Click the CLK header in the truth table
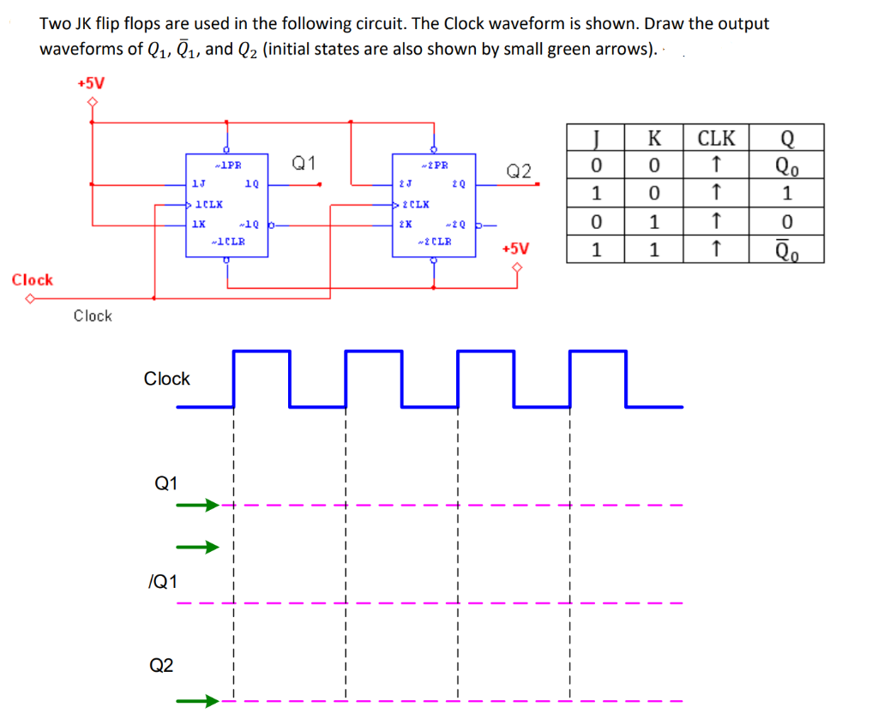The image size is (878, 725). tap(716, 138)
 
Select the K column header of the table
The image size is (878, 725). tap(654, 138)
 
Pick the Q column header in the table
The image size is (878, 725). tap(787, 138)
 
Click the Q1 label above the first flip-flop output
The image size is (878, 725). tap(304, 163)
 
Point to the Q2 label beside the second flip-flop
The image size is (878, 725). tap(520, 171)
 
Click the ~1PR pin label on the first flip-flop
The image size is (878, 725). tap(228, 165)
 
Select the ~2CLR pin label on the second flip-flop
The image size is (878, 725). tap(435, 241)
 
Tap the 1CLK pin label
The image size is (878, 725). tap(208, 204)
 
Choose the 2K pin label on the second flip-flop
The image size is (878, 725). tap(404, 225)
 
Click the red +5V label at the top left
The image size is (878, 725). tap(90, 83)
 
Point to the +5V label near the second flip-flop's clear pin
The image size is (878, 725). tap(515, 249)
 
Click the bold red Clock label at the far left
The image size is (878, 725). tap(33, 280)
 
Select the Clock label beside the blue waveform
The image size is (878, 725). tap(167, 379)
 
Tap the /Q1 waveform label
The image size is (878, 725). tap(163, 583)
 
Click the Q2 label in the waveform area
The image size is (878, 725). tap(161, 664)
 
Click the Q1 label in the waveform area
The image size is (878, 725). tap(165, 483)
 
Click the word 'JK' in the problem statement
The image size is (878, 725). tap(82, 24)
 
